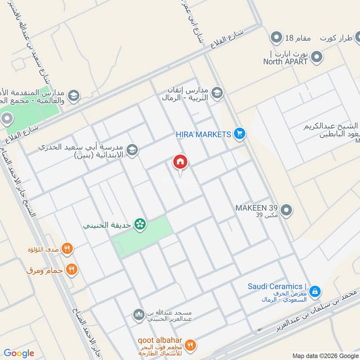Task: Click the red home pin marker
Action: pyautogui.click(x=180, y=162)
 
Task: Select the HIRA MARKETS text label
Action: pyautogui.click(x=203, y=134)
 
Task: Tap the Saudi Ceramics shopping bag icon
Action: pyautogui.click(x=315, y=292)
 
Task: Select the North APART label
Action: pyautogui.click(x=285, y=61)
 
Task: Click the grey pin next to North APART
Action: pyautogui.click(x=317, y=57)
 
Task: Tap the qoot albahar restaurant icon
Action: pyautogui.click(x=190, y=345)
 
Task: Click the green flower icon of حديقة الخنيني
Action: pyautogui.click(x=140, y=224)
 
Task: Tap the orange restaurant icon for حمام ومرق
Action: pyautogui.click(x=71, y=270)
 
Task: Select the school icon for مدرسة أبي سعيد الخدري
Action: pyautogui.click(x=132, y=150)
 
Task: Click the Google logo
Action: pyautogui.click(x=19, y=353)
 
